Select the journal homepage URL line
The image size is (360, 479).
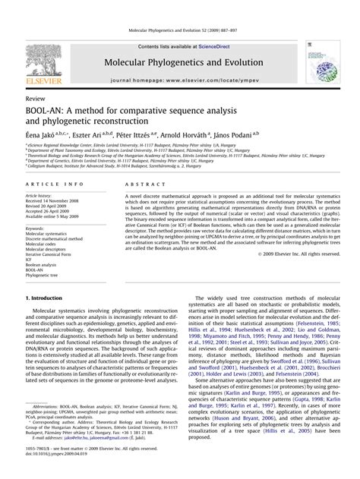click(x=179, y=80)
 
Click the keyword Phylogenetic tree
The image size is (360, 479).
click(x=45, y=266)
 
